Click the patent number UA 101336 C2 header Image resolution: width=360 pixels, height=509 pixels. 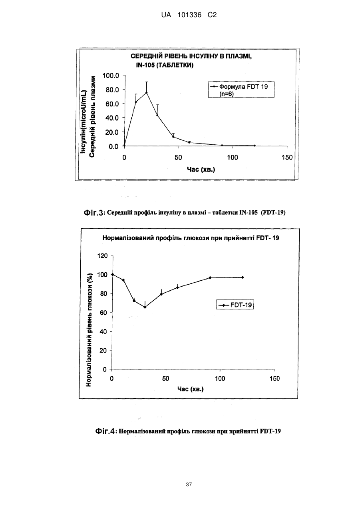point(189,15)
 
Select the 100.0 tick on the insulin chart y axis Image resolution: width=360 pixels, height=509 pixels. point(111,76)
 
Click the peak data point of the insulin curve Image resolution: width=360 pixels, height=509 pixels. point(147,92)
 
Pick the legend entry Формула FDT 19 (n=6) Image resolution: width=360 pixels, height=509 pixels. point(241,90)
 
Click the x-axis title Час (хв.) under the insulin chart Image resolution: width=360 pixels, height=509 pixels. point(201,170)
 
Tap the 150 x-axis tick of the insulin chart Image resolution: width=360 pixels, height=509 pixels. point(287,158)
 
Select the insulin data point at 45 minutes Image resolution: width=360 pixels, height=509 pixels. point(173,137)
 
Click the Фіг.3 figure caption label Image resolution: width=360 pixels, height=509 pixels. point(94,213)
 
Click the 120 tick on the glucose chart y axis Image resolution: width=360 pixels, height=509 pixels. point(102,256)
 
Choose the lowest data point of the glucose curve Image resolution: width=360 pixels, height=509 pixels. point(145,307)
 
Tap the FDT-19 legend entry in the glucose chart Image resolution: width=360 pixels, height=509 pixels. point(235,305)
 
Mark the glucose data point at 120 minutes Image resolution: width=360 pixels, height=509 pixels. point(243,277)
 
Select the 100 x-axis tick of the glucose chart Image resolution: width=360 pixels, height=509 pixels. point(220,379)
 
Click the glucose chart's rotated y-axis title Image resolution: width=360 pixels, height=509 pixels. point(89,329)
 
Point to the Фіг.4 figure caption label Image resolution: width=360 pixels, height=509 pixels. point(105,431)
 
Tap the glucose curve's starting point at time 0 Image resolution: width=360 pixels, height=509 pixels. point(113,275)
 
